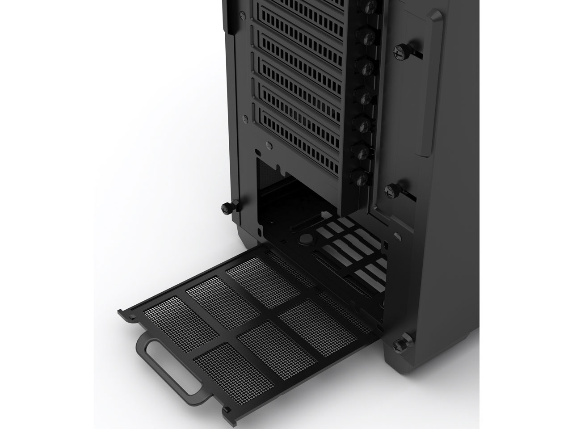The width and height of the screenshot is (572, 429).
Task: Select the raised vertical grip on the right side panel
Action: point(431,85)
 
